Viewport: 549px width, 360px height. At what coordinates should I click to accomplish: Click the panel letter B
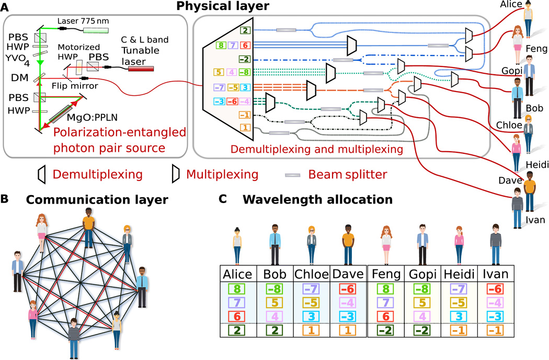click(5, 199)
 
